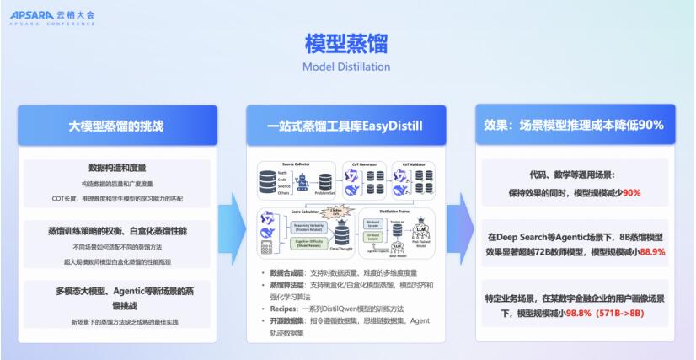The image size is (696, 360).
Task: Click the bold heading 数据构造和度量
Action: [116, 167]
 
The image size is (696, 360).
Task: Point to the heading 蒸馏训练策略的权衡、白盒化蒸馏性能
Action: [116, 229]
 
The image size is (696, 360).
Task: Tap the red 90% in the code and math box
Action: [631, 192]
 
